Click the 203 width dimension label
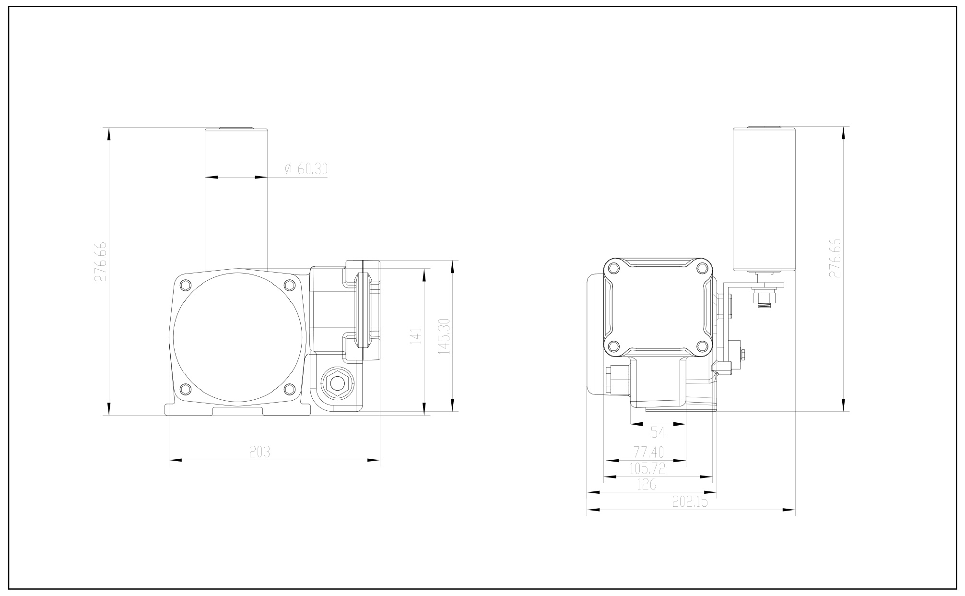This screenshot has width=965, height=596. [x=259, y=452]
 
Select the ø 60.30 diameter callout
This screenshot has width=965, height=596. [x=306, y=169]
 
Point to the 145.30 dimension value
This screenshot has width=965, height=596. [x=444, y=336]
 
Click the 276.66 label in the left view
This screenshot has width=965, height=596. [x=100, y=262]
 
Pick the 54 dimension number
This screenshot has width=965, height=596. [x=658, y=433]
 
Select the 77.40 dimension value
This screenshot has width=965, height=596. [x=648, y=452]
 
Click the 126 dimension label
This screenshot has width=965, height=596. [x=646, y=484]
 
